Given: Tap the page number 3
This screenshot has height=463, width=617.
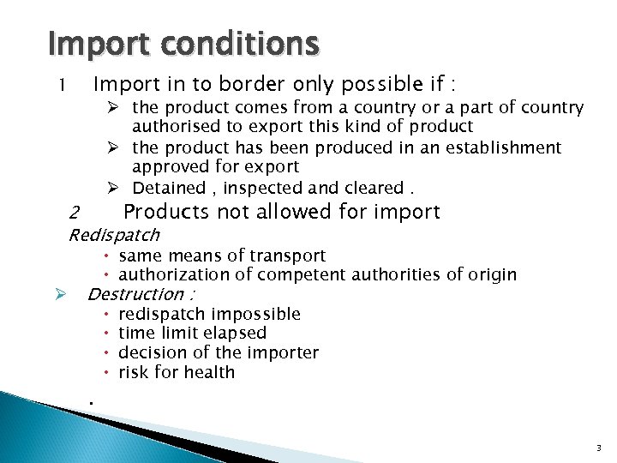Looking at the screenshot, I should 598,448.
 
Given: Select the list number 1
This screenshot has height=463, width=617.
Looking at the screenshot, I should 62,86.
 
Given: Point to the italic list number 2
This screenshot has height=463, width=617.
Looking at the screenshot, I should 75,212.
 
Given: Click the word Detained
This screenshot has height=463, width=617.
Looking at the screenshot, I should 169,188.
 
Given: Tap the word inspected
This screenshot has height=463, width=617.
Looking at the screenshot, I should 263,188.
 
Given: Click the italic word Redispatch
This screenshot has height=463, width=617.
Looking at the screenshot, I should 113,234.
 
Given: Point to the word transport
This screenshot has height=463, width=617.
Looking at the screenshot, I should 287,256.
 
